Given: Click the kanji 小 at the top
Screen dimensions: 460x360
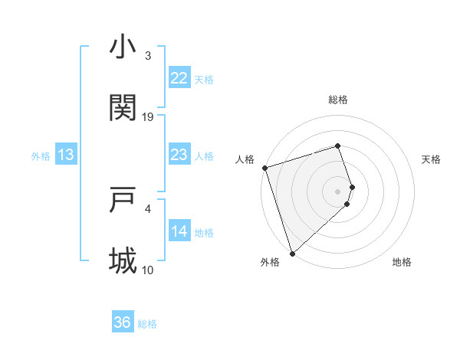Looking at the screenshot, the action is [x=123, y=47].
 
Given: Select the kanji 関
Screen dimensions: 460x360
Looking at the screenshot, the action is [x=123, y=108].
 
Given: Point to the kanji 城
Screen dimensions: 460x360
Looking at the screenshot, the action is [x=123, y=261].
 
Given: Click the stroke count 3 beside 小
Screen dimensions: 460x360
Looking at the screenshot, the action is [x=148, y=56].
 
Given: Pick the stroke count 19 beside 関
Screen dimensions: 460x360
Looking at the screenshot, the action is [x=148, y=116].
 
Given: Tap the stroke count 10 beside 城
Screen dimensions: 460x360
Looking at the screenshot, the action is [x=148, y=270].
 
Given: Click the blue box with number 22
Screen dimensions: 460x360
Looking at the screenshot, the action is [x=179, y=78].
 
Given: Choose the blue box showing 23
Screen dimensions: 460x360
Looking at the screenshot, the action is [x=179, y=155].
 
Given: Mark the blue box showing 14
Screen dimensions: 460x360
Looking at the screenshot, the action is [x=179, y=231].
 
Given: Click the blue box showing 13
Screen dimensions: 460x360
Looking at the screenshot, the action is [x=66, y=155].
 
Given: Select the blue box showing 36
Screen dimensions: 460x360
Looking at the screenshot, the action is [x=123, y=322].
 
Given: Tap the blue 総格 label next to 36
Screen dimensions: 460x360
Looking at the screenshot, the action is [x=147, y=324].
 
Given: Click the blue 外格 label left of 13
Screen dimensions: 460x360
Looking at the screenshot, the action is [x=41, y=156].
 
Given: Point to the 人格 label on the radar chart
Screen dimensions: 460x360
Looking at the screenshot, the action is [x=245, y=159].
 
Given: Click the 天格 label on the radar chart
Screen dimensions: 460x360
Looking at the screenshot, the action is [x=432, y=159].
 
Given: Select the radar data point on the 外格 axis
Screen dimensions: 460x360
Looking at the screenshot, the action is [x=292, y=253].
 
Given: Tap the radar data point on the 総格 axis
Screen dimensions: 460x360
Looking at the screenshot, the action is [x=338, y=146].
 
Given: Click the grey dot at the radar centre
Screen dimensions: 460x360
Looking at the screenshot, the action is [x=338, y=191].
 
